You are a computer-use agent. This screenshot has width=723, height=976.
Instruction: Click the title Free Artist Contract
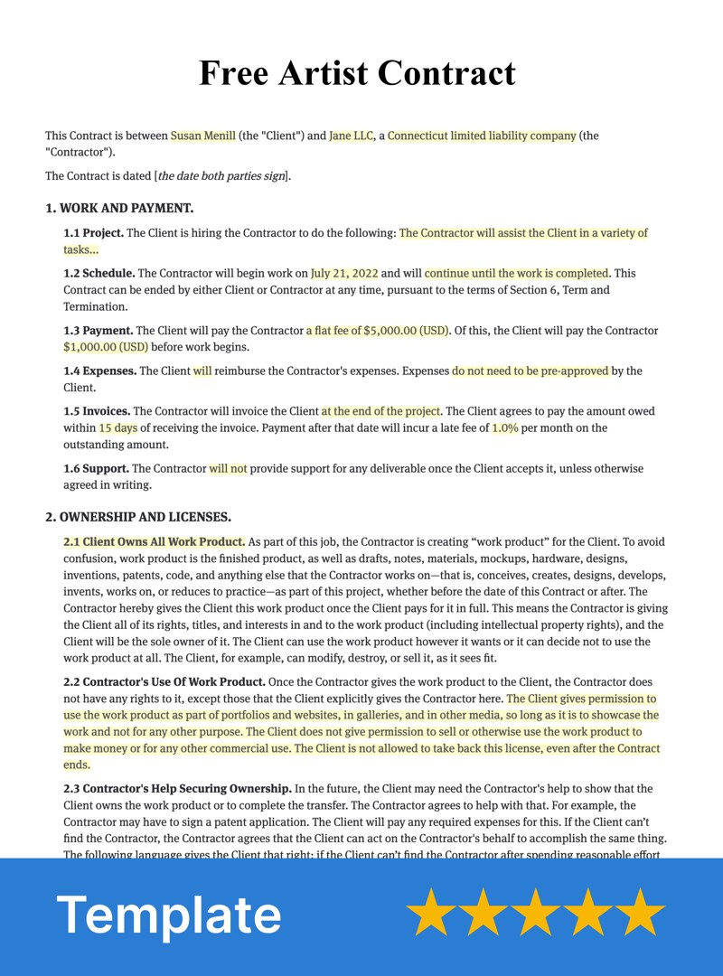pyautogui.click(x=357, y=72)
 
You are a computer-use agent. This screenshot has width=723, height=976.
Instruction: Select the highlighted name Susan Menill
pyautogui.click(x=203, y=136)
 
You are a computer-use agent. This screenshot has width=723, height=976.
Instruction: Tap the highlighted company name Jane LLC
pyautogui.click(x=351, y=136)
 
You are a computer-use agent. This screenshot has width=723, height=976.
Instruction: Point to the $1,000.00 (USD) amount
pyautogui.click(x=106, y=347)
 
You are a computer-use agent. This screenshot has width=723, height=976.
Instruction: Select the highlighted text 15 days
pyautogui.click(x=117, y=428)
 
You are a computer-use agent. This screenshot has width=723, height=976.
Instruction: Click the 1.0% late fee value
pyautogui.click(x=505, y=428)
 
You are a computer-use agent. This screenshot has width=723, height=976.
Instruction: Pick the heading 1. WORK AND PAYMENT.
pyautogui.click(x=119, y=209)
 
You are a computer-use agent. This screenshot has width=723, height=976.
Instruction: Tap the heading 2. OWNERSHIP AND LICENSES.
pyautogui.click(x=138, y=518)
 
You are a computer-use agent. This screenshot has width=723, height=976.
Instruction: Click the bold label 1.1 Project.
pyautogui.click(x=93, y=233)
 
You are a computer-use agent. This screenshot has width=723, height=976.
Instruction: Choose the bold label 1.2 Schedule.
pyautogui.click(x=99, y=273)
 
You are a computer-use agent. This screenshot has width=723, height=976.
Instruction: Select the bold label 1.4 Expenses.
pyautogui.click(x=99, y=371)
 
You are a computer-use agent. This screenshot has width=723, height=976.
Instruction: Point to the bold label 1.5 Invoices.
pyautogui.click(x=97, y=411)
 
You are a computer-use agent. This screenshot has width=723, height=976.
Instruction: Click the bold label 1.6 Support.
pyautogui.click(x=96, y=469)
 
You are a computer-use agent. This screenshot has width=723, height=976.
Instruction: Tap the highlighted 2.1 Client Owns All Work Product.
pyautogui.click(x=154, y=542)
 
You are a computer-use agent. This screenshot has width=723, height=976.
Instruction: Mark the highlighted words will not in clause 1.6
pyautogui.click(x=228, y=469)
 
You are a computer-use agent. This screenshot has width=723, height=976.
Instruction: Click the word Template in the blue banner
pyautogui.click(x=169, y=915)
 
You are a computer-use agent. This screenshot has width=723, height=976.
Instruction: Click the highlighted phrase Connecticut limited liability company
pyautogui.click(x=482, y=136)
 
